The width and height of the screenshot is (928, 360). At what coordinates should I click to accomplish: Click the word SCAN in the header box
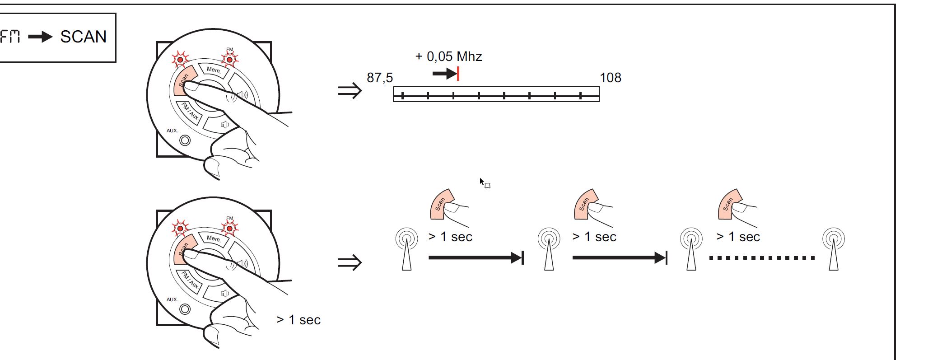pyautogui.click(x=84, y=37)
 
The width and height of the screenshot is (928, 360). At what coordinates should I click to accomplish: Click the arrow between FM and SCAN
pyautogui.click(x=41, y=37)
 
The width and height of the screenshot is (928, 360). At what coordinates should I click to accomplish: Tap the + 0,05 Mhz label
pyautogui.click(x=448, y=56)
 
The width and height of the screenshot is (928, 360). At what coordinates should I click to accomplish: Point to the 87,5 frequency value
pyautogui.click(x=380, y=78)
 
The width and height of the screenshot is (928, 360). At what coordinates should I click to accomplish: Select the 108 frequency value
pyautogui.click(x=611, y=78)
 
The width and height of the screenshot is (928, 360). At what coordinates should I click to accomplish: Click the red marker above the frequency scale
pyautogui.click(x=458, y=74)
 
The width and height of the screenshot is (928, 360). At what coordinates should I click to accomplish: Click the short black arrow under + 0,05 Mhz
pyautogui.click(x=444, y=74)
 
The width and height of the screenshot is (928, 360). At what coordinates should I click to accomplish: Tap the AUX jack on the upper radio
pyautogui.click(x=185, y=140)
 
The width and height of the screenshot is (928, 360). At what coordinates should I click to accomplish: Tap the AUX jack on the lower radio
pyautogui.click(x=185, y=309)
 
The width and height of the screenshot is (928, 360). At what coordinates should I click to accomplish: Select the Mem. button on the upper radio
pyautogui.click(x=214, y=70)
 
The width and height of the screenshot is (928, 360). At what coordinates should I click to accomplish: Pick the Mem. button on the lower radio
pyautogui.click(x=214, y=239)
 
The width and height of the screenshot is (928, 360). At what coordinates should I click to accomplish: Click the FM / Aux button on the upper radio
pyautogui.click(x=190, y=112)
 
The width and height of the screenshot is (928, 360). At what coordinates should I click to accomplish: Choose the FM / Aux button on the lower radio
pyautogui.click(x=190, y=281)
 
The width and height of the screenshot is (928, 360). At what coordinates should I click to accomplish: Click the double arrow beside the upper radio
pyautogui.click(x=350, y=91)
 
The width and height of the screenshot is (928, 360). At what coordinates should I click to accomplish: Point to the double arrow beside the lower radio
pyautogui.click(x=350, y=262)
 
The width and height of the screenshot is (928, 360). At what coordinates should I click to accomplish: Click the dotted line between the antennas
pyautogui.click(x=762, y=258)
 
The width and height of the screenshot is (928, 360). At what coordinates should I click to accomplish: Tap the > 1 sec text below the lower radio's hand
pyautogui.click(x=298, y=320)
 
